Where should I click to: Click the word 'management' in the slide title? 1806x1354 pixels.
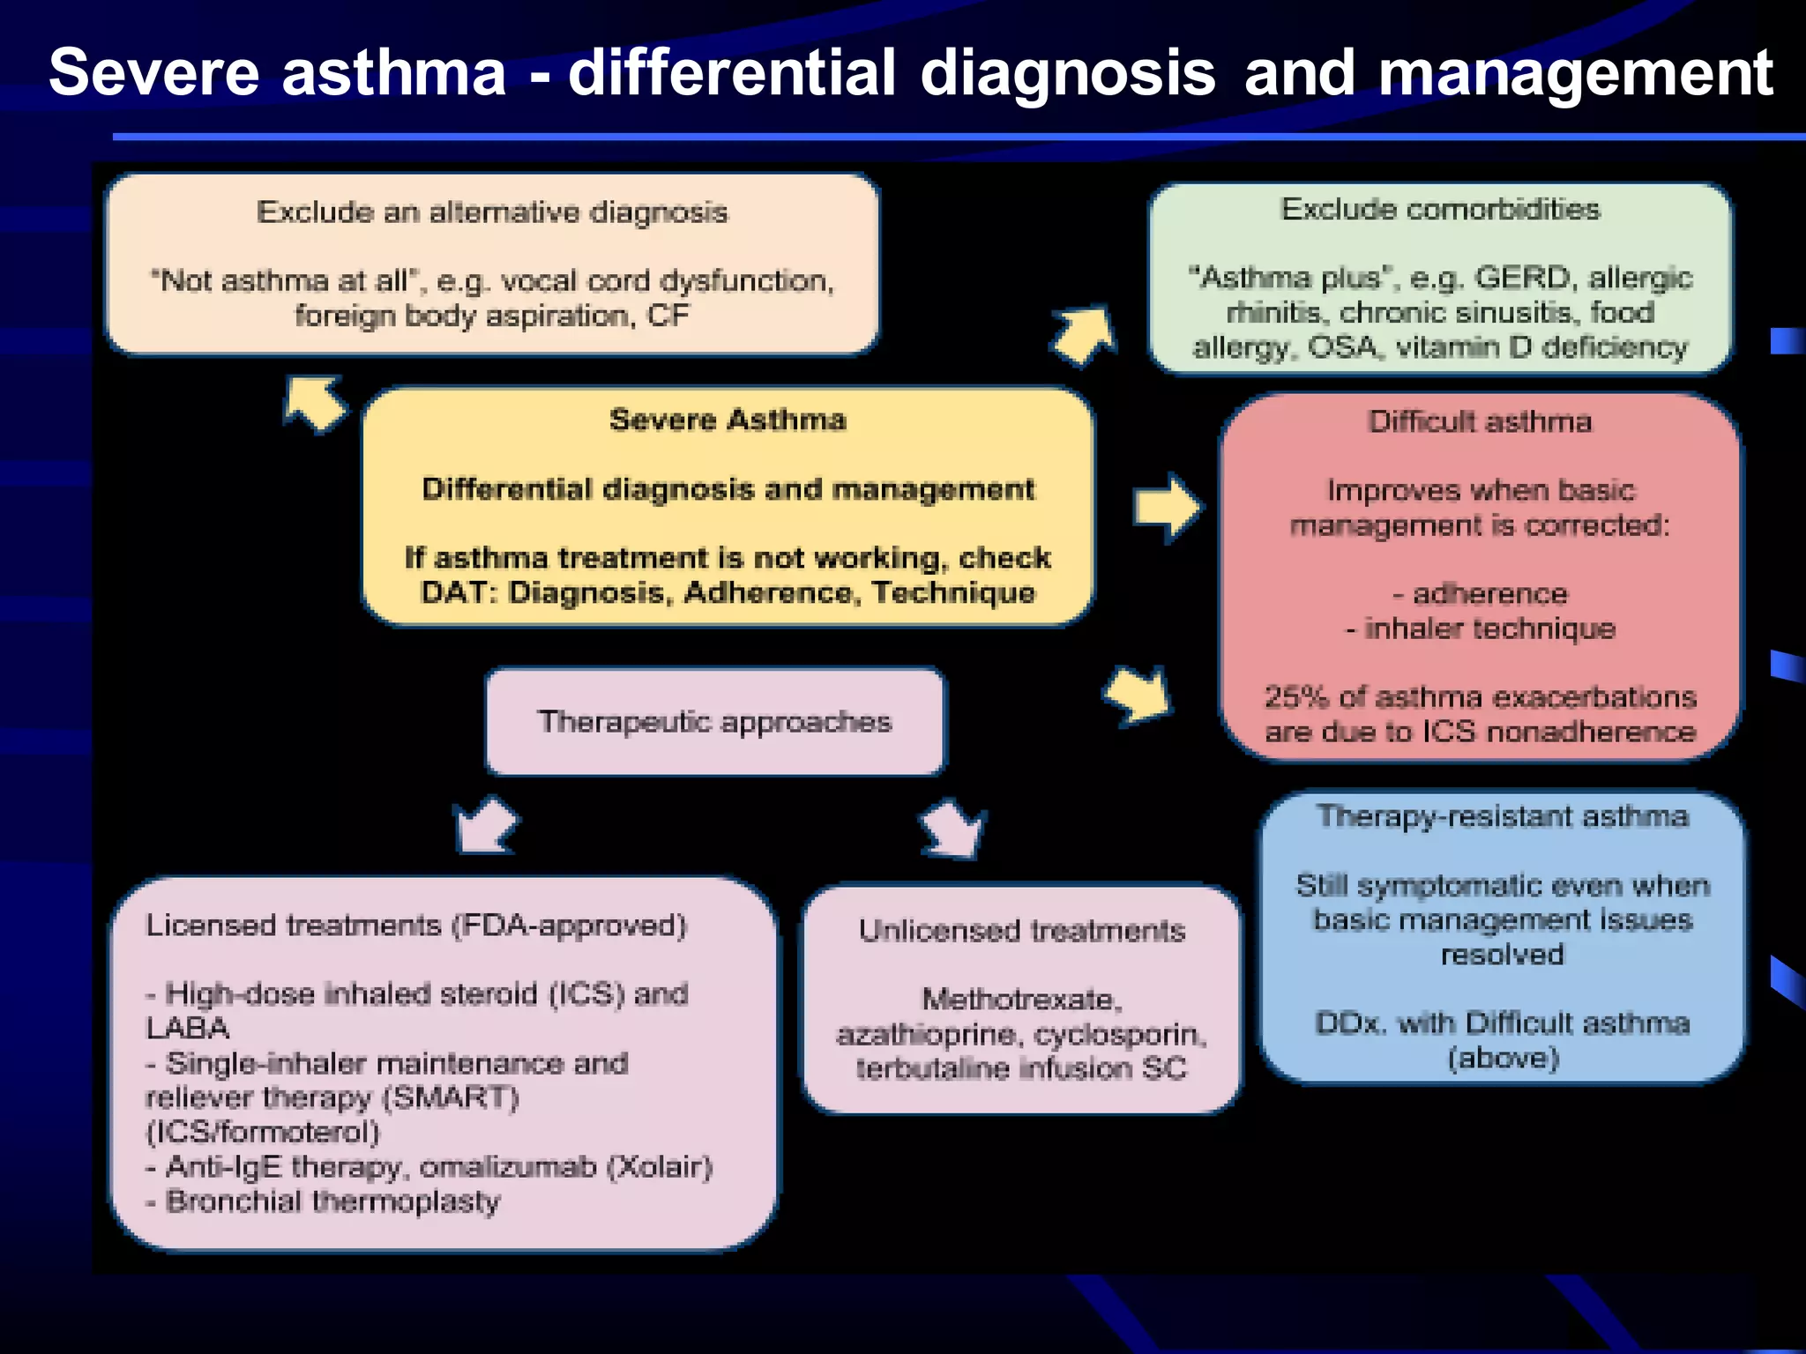tap(1575, 73)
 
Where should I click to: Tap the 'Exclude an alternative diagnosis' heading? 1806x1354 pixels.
tap(492, 212)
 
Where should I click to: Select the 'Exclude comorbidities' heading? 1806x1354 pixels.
tap(1440, 210)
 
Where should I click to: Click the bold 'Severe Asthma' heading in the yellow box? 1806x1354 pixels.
tap(728, 420)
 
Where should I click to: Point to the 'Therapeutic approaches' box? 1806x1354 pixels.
tap(715, 722)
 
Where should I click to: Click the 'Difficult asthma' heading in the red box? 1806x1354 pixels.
tap(1480, 422)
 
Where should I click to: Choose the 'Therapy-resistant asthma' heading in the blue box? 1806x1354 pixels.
tap(1502, 816)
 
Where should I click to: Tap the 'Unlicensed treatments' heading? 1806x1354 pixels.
tap(1021, 931)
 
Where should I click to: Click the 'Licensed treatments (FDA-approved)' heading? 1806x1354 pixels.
tap(416, 926)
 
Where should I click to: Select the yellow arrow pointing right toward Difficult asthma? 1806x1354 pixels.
tap(1167, 508)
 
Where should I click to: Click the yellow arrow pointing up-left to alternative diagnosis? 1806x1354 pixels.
tap(314, 404)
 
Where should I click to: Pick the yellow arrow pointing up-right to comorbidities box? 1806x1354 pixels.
tap(1085, 335)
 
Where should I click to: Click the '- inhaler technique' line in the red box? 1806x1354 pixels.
tap(1480, 629)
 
